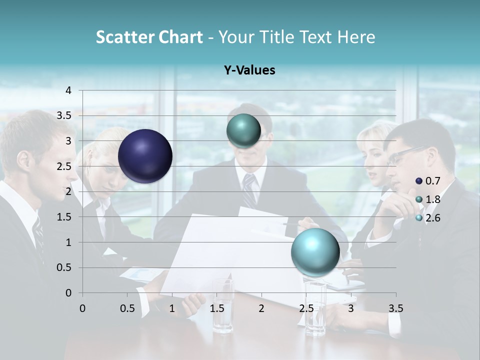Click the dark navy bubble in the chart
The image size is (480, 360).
coord(145,156)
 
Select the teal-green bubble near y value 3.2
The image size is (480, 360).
coord(243,131)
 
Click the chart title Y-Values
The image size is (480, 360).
coord(249,70)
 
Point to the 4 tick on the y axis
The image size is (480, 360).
coord(68,90)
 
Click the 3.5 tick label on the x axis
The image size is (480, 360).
coord(395,308)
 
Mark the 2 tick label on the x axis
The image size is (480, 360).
coord(261,308)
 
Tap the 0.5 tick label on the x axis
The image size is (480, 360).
coord(127,308)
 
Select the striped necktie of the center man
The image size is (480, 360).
coord(249,190)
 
